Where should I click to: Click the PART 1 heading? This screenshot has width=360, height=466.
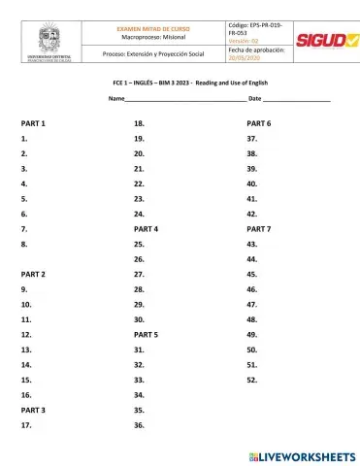click(x=33, y=124)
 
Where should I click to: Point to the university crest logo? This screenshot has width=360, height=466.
click(x=49, y=42)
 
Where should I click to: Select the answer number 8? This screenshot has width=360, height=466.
click(x=23, y=245)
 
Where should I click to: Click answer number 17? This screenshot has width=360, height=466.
click(x=26, y=425)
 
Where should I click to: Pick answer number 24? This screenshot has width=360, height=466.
click(x=140, y=214)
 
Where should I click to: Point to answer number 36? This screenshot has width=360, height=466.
click(x=140, y=425)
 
